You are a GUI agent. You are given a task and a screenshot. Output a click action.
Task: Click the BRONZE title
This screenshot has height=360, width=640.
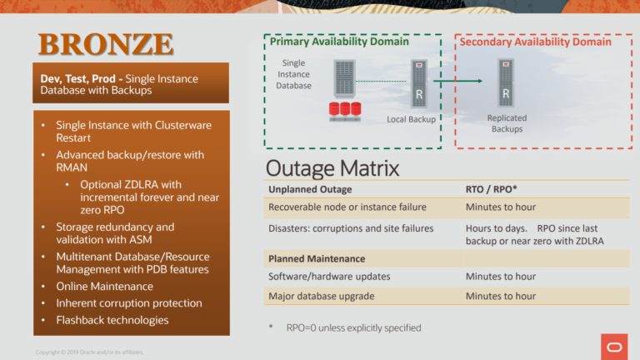point(106,44)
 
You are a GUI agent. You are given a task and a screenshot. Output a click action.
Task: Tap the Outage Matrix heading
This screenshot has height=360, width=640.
point(332,167)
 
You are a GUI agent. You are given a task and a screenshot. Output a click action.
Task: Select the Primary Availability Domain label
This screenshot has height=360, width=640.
point(338,42)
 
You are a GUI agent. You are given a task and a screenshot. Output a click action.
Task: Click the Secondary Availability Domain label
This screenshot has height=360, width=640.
point(536,42)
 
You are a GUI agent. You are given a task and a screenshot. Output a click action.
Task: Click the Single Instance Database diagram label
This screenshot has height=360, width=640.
point(293,74)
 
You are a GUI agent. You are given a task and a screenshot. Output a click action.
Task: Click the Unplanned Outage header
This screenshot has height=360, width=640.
point(310,189)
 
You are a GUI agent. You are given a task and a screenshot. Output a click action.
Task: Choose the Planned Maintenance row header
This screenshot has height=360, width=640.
point(317,258)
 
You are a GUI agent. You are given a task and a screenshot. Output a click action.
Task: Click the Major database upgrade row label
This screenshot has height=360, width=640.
point(321,296)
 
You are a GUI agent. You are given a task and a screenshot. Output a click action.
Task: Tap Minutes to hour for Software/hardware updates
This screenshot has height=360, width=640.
point(500,277)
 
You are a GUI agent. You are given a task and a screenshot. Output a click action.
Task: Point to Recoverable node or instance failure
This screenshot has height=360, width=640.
point(347,207)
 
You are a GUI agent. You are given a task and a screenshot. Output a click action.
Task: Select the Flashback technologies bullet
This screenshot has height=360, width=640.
point(112,320)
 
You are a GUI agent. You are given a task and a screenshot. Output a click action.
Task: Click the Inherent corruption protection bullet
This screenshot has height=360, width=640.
point(128,303)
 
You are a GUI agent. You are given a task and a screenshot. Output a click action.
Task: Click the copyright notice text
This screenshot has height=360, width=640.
point(83,352)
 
